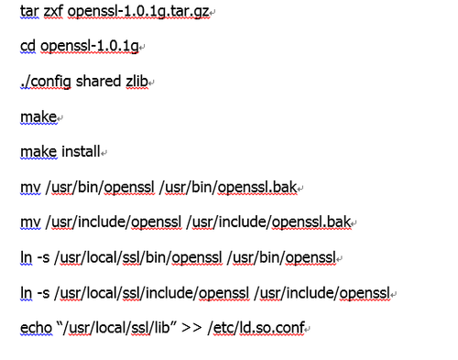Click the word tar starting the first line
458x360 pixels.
coord(29,12)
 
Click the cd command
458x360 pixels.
coord(28,47)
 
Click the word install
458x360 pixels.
coord(81,152)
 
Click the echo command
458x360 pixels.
coord(37,328)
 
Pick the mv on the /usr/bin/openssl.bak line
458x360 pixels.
coord(29,188)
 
